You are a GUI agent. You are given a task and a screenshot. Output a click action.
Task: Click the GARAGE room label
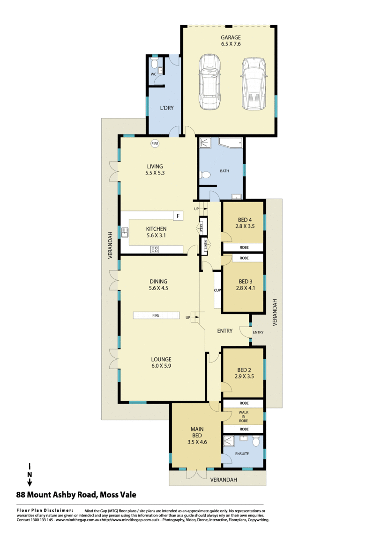(231, 37)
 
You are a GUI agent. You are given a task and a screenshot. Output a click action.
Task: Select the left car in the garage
(209, 82)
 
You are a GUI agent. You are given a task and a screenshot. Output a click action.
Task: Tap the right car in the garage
(254, 84)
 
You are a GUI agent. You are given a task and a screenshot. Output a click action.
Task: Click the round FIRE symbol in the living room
(155, 144)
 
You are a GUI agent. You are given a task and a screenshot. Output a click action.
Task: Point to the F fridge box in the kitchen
(178, 216)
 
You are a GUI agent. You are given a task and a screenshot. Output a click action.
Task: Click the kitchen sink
(125, 233)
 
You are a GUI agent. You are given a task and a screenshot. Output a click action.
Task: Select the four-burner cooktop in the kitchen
(155, 250)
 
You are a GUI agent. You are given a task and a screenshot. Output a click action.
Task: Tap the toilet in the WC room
(154, 63)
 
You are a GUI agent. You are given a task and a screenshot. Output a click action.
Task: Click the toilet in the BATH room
(205, 175)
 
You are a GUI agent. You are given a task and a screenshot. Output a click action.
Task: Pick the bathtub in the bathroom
(231, 143)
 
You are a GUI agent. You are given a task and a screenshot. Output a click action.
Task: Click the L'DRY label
(167, 108)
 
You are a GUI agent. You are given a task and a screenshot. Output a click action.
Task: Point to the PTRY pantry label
(202, 226)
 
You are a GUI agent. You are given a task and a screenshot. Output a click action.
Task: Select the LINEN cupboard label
(205, 245)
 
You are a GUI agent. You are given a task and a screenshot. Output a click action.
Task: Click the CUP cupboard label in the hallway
(217, 290)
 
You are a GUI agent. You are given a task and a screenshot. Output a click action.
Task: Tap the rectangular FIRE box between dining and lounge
(157, 315)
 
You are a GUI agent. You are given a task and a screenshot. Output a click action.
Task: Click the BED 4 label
(245, 219)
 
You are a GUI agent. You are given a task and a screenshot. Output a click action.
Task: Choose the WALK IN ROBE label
(244, 416)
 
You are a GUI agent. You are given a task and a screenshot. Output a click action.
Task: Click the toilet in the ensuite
(256, 441)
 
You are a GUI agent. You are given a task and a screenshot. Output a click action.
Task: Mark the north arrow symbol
(30, 475)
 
